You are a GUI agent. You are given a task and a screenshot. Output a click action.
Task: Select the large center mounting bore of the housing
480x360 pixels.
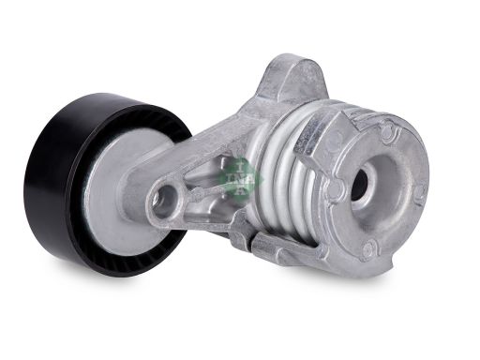pyautogui.click(x=359, y=183)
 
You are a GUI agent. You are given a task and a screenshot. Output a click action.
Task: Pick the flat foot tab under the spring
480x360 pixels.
pyautogui.click(x=262, y=246)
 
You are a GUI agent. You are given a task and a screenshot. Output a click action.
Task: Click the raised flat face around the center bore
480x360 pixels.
pyautogui.click(x=384, y=202)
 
